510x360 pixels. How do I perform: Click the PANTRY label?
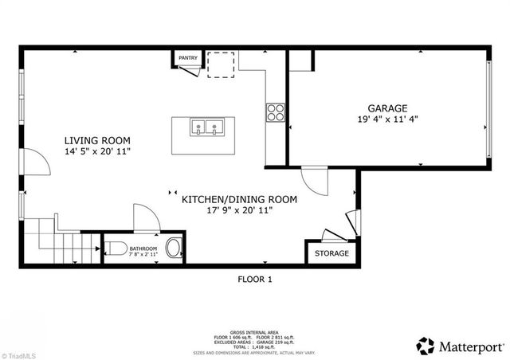click(188, 58)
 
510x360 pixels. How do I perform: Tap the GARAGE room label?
click(387, 108)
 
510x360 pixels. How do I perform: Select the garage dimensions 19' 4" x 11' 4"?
click(387, 121)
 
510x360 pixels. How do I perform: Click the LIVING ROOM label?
click(97, 139)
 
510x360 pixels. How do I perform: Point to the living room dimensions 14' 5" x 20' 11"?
click(97, 151)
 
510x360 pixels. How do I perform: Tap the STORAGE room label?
click(331, 253)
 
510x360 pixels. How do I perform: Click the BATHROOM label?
click(144, 248)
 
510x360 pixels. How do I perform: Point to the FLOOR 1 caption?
click(255, 279)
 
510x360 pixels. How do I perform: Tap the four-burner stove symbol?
click(275, 112)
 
